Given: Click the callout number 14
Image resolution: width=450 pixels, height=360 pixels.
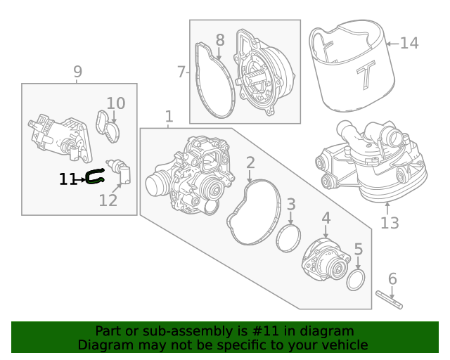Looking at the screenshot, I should click(x=409, y=44).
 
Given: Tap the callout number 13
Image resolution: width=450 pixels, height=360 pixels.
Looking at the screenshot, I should click(x=390, y=223).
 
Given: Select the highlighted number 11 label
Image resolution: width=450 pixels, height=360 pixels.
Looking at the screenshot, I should click(x=67, y=180).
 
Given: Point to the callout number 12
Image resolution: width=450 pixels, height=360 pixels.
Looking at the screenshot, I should click(x=108, y=201).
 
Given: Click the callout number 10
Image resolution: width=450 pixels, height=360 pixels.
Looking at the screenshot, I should click(x=115, y=103).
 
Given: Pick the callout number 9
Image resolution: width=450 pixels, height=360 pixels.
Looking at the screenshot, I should click(x=77, y=71).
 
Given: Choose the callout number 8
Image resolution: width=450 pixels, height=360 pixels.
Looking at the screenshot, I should click(x=220, y=40).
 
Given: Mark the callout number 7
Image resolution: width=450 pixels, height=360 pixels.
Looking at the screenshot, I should click(x=181, y=72).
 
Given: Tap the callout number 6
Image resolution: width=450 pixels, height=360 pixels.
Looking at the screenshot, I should click(x=392, y=278).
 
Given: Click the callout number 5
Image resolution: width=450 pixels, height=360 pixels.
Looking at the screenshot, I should click(x=358, y=249).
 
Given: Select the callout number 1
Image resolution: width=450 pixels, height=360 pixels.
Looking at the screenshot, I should click(x=169, y=115).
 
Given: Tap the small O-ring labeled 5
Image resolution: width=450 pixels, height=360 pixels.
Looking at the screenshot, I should click(x=356, y=281).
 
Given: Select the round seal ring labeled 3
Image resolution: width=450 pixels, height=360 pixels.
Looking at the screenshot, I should click(x=287, y=237).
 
